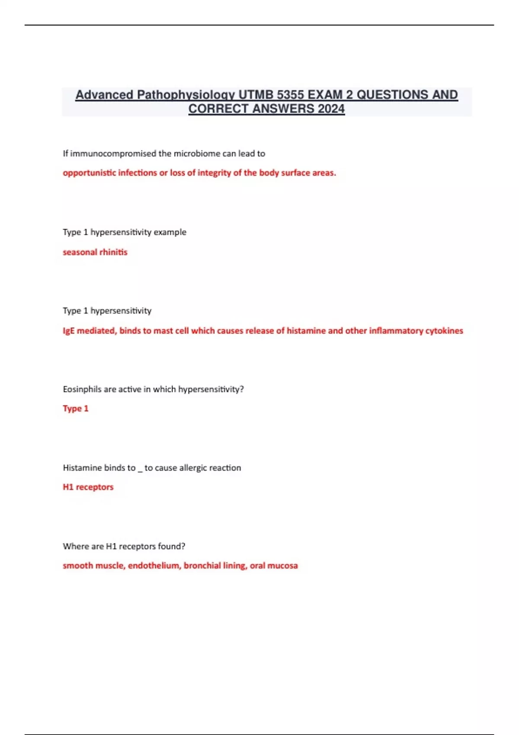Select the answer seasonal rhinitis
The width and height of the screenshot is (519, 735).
pyautogui.click(x=95, y=252)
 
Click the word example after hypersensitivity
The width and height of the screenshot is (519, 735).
pyautogui.click(x=170, y=232)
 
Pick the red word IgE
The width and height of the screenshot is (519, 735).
pyautogui.click(x=69, y=331)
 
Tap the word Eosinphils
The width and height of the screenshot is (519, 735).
pyautogui.click(x=83, y=389)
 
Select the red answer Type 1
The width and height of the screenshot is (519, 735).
pyautogui.click(x=76, y=409)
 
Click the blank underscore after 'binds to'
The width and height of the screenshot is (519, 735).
pyautogui.click(x=140, y=470)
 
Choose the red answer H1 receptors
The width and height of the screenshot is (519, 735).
pyautogui.click(x=88, y=487)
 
